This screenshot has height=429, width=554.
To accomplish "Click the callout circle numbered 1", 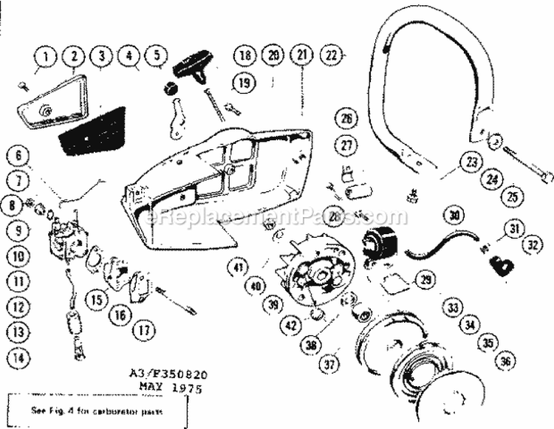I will [47, 56].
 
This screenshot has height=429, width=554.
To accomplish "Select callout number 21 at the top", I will [301, 55].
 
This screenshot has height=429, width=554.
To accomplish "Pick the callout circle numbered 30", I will [454, 216].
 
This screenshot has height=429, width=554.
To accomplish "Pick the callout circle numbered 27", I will [346, 145].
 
